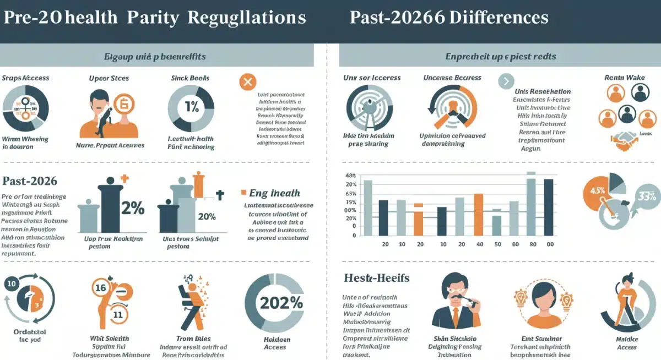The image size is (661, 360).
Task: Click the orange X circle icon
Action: (x=247, y=83)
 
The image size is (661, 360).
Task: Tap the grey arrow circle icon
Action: (x=506, y=83)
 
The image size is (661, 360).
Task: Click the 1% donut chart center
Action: (x=191, y=107)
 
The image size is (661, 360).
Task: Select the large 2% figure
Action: (x=132, y=209)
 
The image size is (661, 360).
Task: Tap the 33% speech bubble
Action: (x=644, y=195)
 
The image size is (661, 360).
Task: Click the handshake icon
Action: (x=625, y=141)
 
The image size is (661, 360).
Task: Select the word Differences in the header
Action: (x=499, y=17)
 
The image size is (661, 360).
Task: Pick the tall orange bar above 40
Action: (x=479, y=214)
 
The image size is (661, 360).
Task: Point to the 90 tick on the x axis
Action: (x=533, y=244)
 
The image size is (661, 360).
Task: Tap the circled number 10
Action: (x=12, y=284)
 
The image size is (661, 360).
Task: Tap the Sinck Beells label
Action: (x=190, y=78)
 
